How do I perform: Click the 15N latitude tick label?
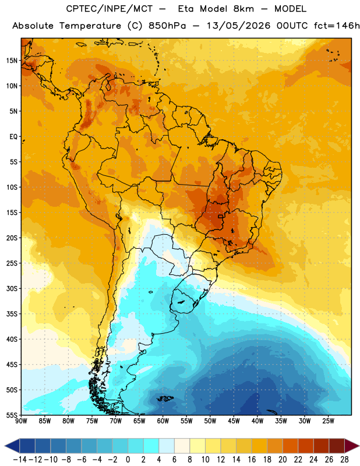(x=12, y=61)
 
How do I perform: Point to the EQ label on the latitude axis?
(x=13, y=137)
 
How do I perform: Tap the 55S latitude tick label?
(x=12, y=415)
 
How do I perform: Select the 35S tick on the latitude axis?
(x=12, y=314)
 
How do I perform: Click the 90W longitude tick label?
(x=21, y=421)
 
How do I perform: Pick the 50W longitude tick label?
(x=210, y=421)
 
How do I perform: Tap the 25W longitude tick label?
(x=328, y=421)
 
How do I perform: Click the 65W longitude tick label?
(x=139, y=421)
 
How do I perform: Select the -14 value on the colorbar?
(x=20, y=460)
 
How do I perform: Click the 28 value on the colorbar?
(x=344, y=460)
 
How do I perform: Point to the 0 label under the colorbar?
(x=128, y=460)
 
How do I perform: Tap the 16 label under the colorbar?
(x=252, y=460)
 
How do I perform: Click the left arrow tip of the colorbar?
(x=5, y=446)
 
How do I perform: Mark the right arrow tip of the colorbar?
(x=359, y=446)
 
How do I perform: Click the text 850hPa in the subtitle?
(x=167, y=26)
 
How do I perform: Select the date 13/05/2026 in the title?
(x=238, y=26)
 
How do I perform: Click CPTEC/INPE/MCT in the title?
(x=110, y=9)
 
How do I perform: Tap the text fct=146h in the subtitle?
(x=337, y=26)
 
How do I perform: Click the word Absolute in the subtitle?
(x=33, y=26)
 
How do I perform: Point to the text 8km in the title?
(x=243, y=9)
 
